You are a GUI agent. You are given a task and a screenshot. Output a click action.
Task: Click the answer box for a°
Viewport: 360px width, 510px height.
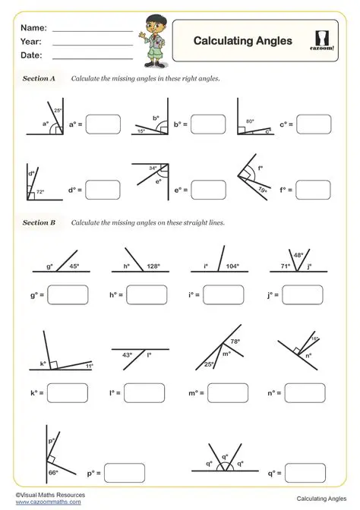[103, 123]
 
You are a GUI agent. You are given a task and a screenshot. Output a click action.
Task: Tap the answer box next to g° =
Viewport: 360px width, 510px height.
[68, 294]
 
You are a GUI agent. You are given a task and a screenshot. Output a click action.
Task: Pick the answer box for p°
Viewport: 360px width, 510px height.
[124, 472]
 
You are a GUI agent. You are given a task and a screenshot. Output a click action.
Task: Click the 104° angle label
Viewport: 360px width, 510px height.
[232, 266]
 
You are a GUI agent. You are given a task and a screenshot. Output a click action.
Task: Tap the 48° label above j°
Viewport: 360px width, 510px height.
[298, 255]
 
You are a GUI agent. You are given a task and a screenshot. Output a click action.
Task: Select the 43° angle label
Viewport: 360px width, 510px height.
[127, 354]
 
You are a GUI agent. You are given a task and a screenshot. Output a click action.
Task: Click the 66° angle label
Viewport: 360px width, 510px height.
[32, 471]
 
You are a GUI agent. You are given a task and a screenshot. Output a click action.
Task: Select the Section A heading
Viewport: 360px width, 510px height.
[39, 78]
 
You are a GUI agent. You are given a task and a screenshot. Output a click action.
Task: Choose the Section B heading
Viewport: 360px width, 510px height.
[39, 223]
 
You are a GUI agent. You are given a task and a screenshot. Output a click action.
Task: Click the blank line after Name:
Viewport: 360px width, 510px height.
[92, 28]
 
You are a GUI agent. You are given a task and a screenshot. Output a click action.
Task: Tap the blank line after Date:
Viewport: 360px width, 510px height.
[92, 55]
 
